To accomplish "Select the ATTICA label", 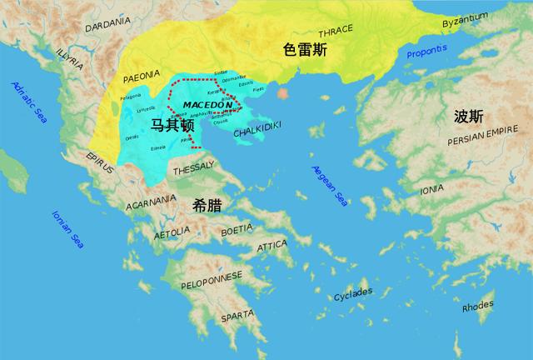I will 272,246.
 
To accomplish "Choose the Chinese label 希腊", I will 207,202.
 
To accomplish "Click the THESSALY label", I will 194,170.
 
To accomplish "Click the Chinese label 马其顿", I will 172,125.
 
